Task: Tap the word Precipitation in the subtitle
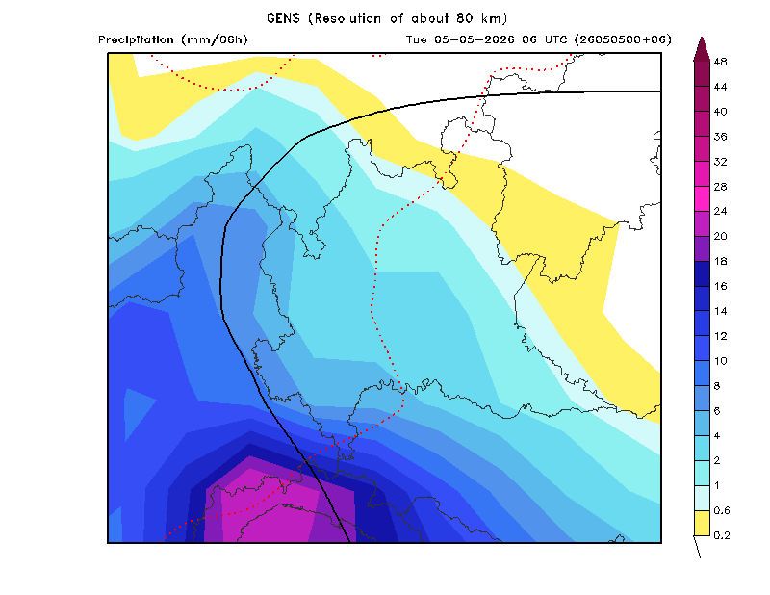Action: tap(136, 39)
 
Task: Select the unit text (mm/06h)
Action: tap(215, 39)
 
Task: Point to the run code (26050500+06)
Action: tap(623, 39)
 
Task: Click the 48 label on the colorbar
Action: tap(720, 62)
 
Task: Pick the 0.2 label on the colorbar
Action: tap(722, 535)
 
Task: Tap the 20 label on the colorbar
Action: tap(720, 236)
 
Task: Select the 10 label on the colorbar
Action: tap(720, 361)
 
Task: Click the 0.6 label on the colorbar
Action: tap(722, 510)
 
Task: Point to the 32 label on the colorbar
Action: tap(720, 162)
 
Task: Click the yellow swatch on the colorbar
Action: tap(702, 523)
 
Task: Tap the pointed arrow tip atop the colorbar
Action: tap(702, 38)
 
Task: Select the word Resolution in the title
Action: tap(347, 18)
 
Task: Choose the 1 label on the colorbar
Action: tap(717, 486)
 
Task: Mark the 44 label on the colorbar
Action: tap(720, 87)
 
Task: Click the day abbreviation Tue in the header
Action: tap(417, 39)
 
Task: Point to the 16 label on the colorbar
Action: tap(720, 287)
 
